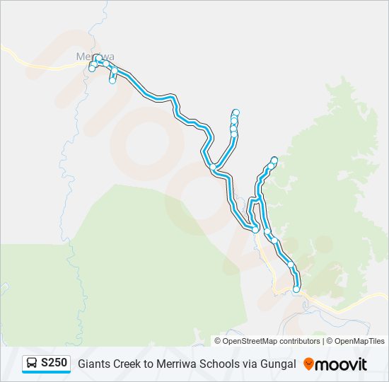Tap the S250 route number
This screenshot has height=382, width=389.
[x=54, y=364]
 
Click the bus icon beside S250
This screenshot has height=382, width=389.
[x=32, y=364]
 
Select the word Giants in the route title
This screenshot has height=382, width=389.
[x=93, y=364]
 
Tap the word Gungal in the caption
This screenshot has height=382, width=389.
[x=277, y=364]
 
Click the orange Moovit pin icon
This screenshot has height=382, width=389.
[x=308, y=364]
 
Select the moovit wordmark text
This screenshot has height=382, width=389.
[x=342, y=364]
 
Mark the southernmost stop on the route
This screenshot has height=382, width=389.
[x=296, y=289]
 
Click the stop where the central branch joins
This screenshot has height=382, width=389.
[x=213, y=167]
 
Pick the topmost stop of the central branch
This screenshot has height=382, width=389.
[x=236, y=112]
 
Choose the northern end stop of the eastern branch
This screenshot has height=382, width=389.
[x=274, y=160]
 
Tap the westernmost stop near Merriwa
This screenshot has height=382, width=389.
[x=91, y=69]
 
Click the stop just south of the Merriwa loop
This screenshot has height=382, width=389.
[x=112, y=81]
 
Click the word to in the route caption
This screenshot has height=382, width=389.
[x=150, y=364]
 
